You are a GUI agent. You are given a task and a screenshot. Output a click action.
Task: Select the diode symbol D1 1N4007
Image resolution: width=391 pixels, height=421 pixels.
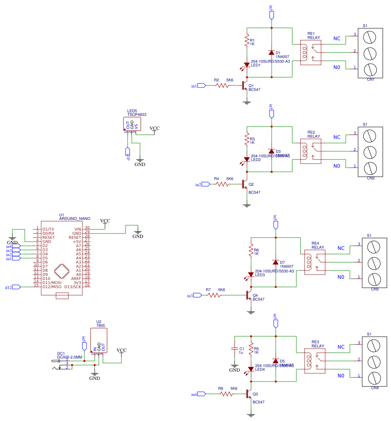(x=272, y=52)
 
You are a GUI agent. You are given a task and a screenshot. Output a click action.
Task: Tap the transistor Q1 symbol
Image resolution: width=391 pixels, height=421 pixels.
(x=245, y=86)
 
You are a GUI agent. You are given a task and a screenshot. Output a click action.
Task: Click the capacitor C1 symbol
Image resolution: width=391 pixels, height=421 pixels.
(x=235, y=349)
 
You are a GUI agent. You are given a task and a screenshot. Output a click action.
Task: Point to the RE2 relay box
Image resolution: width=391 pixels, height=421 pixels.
(x=311, y=151)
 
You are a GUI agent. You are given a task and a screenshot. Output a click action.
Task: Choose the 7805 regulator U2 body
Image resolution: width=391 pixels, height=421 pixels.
(x=99, y=340)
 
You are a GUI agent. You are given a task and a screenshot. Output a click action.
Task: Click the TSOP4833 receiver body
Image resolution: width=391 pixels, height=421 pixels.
(x=132, y=124)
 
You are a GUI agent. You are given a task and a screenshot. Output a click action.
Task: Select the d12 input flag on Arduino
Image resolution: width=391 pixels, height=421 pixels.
(x=16, y=287)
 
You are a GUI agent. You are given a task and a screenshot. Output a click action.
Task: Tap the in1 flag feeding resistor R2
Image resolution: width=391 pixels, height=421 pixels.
(x=201, y=86)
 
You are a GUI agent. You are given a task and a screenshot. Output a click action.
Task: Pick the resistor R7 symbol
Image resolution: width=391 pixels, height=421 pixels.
(x=214, y=295)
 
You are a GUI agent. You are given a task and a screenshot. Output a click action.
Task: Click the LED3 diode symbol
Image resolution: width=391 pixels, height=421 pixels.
(x=251, y=274)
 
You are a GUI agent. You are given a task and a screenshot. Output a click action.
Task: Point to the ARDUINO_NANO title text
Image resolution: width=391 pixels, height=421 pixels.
(x=74, y=219)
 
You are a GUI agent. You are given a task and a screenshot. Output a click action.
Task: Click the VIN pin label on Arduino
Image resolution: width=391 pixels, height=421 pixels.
(x=78, y=229)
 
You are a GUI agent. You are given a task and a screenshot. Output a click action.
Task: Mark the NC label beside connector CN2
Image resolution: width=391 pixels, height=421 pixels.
(x=337, y=137)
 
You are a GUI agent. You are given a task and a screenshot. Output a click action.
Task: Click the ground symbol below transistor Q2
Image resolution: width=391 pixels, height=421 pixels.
(x=247, y=205)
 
